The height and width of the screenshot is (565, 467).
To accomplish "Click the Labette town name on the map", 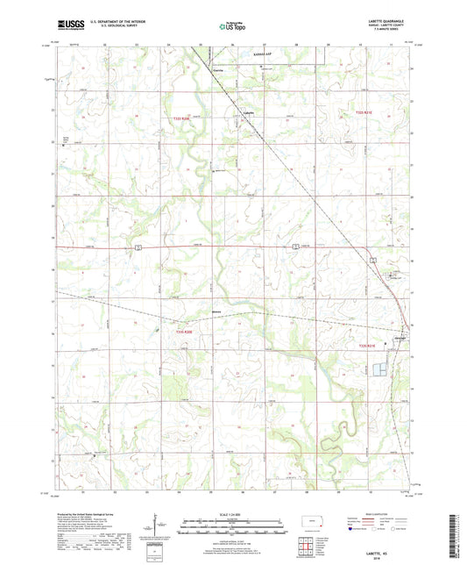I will pyautogui.click(x=248, y=112).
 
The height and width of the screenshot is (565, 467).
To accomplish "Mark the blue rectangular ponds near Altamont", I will pyautogui.click(x=379, y=369).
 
